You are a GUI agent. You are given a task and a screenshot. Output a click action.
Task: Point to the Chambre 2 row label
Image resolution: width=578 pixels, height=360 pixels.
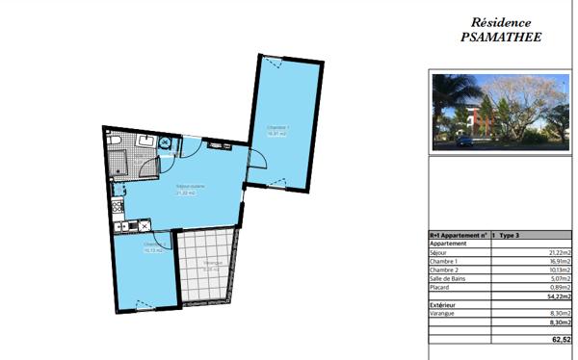point(443,270)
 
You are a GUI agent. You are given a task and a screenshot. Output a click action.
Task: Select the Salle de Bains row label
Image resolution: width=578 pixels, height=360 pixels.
point(448,278)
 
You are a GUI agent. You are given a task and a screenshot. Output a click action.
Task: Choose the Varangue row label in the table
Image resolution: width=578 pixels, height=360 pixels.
point(442,314)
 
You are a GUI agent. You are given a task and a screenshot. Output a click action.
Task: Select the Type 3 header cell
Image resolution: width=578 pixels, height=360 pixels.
point(510,235)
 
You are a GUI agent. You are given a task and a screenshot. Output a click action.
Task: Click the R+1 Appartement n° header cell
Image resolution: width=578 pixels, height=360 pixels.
point(458,235)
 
